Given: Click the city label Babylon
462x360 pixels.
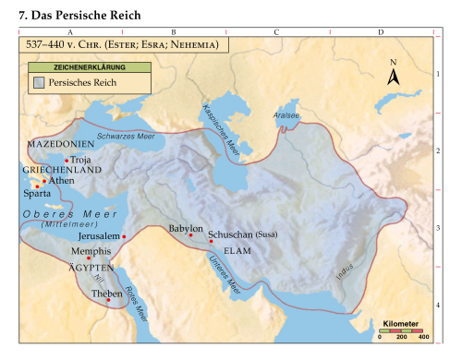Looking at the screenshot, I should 185,227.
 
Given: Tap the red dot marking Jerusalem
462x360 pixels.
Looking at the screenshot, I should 124,237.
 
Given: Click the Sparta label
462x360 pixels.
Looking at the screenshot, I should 37,195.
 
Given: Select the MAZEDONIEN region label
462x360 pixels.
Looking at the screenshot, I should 60,146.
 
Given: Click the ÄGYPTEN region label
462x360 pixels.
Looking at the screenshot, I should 91,266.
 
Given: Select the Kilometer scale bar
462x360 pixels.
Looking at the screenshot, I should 402,333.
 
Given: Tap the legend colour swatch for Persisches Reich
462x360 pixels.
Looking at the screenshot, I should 38,83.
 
